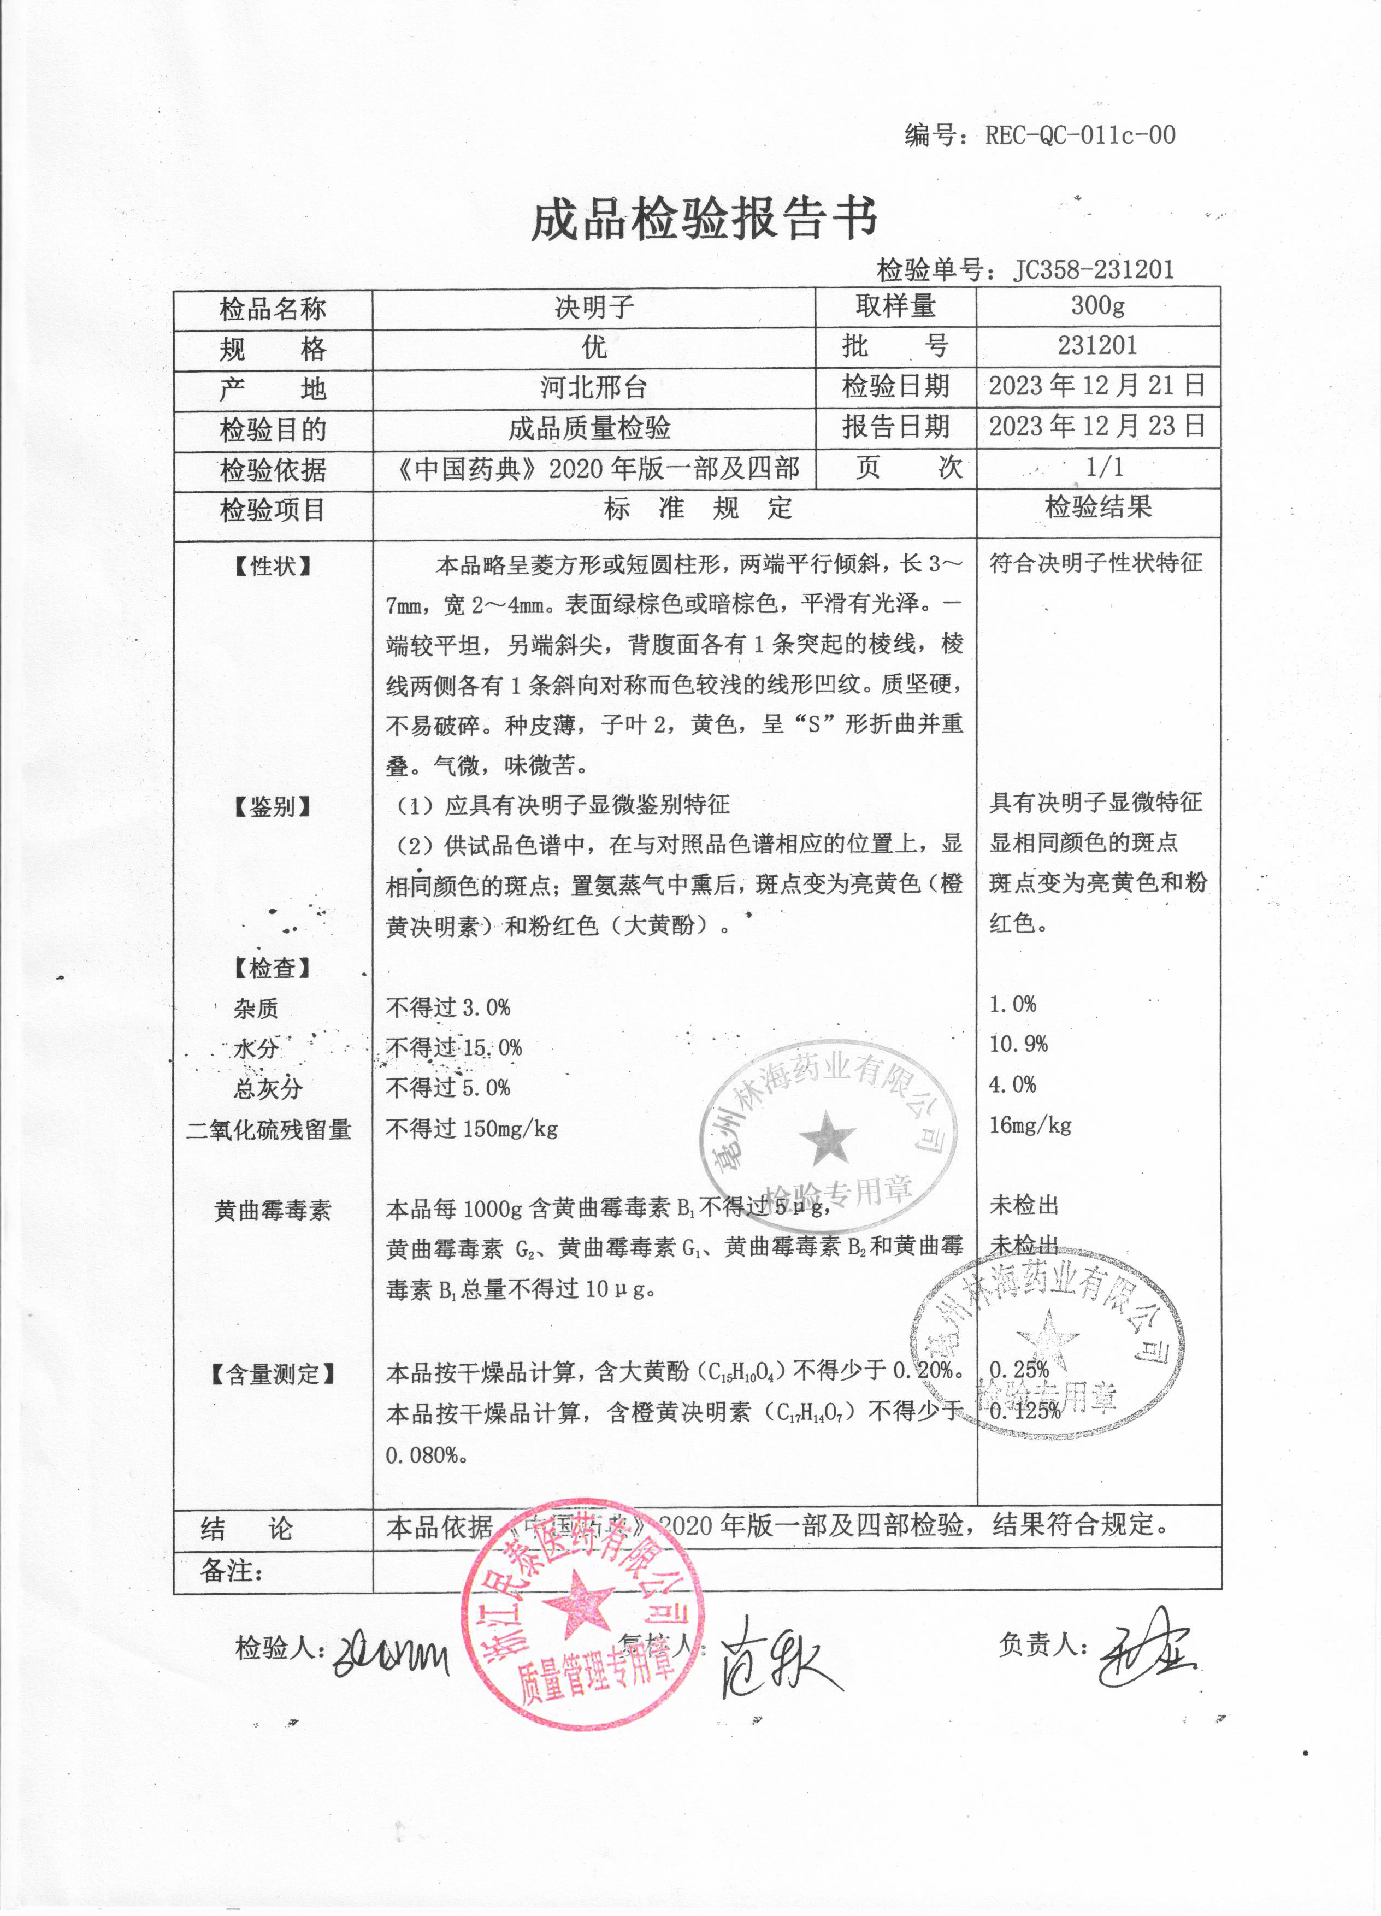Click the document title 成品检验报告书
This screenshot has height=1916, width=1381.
coord(704,219)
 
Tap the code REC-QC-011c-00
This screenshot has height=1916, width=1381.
coord(1079,135)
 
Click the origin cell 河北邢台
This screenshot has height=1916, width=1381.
coord(594,387)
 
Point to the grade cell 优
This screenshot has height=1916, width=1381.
coord(594,346)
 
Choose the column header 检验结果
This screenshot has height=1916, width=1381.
coord(1098,507)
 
